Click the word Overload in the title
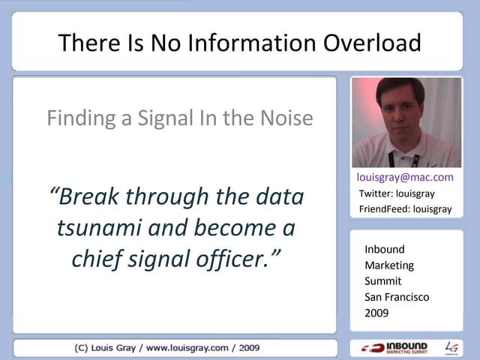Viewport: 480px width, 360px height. click(372, 43)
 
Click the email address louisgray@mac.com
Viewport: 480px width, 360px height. click(406, 178)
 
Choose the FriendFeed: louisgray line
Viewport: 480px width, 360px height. click(405, 209)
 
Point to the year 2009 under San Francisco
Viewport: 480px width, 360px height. click(376, 313)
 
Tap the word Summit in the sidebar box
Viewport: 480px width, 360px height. click(382, 281)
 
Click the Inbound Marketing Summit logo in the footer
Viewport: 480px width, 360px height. click(394, 347)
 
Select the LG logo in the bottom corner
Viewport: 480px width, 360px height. click(451, 347)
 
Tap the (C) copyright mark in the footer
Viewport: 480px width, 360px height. click(83, 348)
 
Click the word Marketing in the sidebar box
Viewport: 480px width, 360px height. click(389, 265)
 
